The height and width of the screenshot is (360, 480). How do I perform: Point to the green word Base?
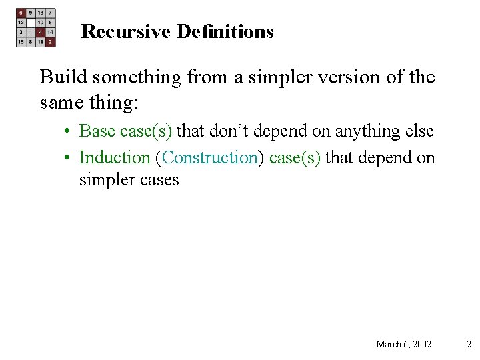pyautogui.click(x=97, y=131)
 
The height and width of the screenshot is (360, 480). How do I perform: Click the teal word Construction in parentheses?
pyautogui.click(x=210, y=158)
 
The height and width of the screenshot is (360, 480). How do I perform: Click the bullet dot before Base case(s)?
pyautogui.click(x=69, y=132)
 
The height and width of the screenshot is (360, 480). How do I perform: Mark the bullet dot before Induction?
pyautogui.click(x=69, y=159)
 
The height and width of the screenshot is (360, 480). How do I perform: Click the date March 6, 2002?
pyautogui.click(x=403, y=344)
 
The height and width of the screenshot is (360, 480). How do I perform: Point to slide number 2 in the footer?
pyautogui.click(x=469, y=344)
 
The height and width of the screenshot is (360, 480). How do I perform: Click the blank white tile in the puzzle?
pyautogui.click(x=31, y=22)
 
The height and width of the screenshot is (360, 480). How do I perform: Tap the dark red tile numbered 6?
pyautogui.click(x=21, y=13)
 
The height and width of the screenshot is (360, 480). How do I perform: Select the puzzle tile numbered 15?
pyautogui.click(x=21, y=42)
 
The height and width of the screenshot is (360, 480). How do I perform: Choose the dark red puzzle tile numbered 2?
pyautogui.click(x=50, y=42)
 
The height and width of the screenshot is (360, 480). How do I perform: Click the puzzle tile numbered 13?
pyautogui.click(x=41, y=13)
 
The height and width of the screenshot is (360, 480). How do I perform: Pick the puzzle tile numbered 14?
pyautogui.click(x=50, y=32)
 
